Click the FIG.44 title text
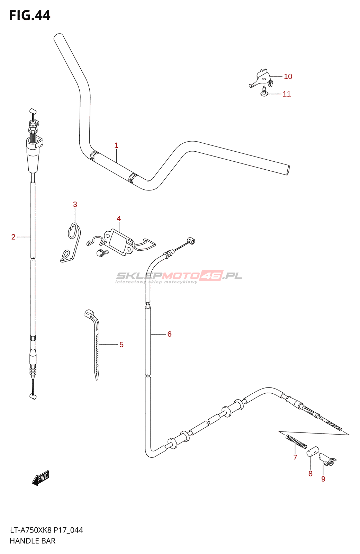point(30,15)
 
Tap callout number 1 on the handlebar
point(116,145)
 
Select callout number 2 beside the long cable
point(13,237)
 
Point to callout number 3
point(75,205)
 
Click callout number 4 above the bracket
point(119,218)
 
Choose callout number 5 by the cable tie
point(121,345)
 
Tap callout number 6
point(169,334)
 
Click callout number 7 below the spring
point(295,457)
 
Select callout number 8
point(310,474)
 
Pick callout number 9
point(323,479)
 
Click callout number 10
point(288,77)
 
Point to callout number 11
point(287,94)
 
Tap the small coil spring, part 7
point(296,442)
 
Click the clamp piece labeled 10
point(261,78)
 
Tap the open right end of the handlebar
point(288,171)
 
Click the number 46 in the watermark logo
point(211,276)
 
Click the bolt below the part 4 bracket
point(102,253)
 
